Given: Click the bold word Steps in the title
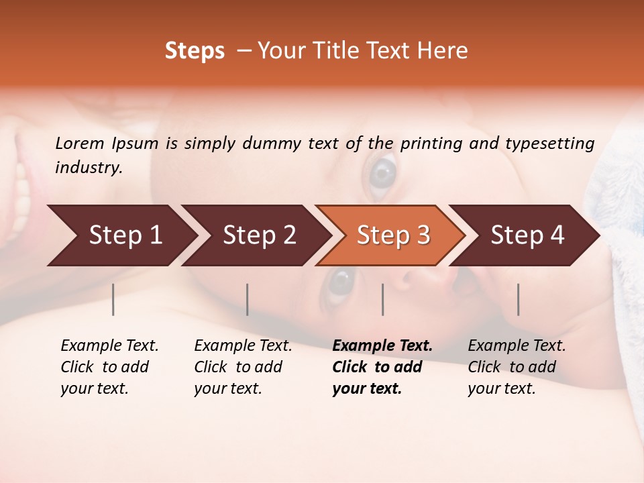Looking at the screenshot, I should click(195, 51).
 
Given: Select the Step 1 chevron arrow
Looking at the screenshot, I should click(121, 235).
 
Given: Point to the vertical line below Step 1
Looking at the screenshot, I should click(113, 299).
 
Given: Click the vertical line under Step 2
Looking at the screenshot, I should click(248, 299).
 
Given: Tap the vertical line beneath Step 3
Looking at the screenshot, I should click(382, 299).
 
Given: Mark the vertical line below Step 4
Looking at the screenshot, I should click(518, 299).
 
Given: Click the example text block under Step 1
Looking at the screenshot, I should click(109, 367).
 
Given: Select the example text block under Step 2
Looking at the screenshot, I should click(243, 367).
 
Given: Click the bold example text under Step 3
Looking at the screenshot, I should click(382, 367).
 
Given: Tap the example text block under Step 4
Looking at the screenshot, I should click(517, 367).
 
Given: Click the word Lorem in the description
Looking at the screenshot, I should click(80, 143).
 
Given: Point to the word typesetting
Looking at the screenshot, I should click(549, 143).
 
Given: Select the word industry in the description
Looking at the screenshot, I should click(88, 168).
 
